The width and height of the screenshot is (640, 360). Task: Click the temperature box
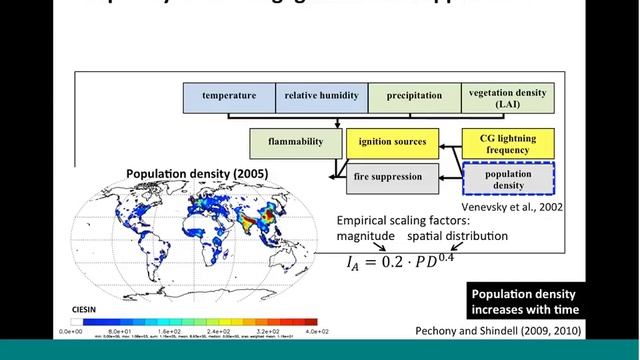[x=229, y=97]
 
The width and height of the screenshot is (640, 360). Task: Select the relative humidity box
[x=321, y=97]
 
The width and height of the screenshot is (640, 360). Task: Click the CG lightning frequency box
[x=507, y=142]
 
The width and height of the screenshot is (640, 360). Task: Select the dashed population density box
[x=507, y=179]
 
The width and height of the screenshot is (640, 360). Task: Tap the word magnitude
[x=364, y=236]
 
